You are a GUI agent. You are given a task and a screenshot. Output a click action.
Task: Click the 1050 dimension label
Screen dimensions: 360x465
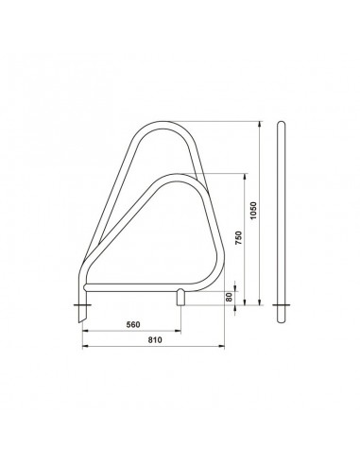[x=254, y=211]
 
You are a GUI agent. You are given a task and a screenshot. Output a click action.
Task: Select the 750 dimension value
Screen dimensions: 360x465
[x=239, y=238]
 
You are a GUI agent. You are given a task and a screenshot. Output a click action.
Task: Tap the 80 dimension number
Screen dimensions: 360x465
[x=230, y=297]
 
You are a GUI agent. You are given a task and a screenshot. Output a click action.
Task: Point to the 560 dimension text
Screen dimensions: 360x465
[x=133, y=324]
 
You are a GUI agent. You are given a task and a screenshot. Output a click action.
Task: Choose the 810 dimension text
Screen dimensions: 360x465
[x=155, y=340]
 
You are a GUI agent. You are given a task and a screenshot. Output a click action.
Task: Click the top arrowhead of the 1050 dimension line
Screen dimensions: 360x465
[x=260, y=124]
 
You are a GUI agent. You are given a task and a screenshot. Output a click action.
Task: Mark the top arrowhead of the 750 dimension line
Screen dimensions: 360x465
[x=245, y=176]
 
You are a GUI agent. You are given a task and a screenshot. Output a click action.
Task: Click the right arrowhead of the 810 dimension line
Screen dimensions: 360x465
[x=222, y=347]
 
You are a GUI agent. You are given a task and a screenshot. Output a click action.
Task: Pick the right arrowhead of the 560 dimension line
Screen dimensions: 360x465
[x=179, y=331]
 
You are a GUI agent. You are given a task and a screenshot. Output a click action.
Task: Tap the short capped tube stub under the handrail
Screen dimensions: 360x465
[x=180, y=297]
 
